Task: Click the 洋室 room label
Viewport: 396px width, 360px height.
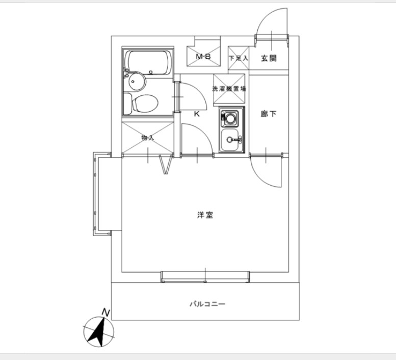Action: point(205,215)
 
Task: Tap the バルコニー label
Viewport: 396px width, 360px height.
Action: point(207,304)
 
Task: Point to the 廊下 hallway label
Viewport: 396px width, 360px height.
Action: point(269,114)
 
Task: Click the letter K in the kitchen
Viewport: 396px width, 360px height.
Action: point(196,114)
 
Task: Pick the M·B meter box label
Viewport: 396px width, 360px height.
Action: point(204,57)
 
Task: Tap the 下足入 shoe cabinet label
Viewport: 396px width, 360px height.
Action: point(238,59)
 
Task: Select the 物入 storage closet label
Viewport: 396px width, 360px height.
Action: point(147,138)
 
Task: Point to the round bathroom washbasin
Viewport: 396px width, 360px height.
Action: point(136,81)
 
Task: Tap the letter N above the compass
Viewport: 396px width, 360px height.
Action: point(105,311)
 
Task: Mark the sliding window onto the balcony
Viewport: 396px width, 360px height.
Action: point(205,276)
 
